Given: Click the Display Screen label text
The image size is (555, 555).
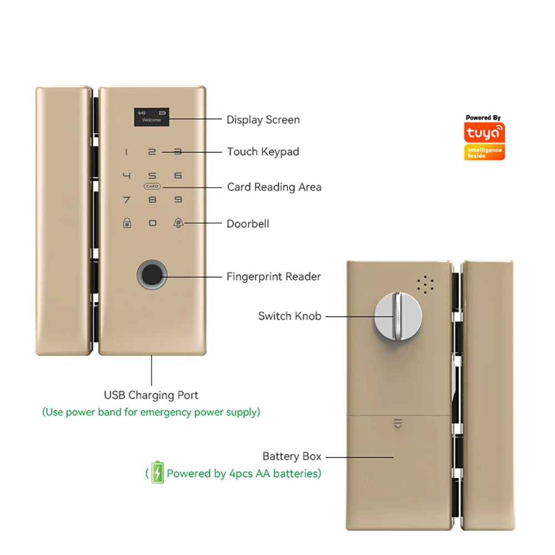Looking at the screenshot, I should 263,120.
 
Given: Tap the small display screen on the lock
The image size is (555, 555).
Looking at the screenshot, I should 152,115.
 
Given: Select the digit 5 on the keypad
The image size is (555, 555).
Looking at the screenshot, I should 152,176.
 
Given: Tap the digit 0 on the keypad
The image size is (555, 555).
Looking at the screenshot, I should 152,224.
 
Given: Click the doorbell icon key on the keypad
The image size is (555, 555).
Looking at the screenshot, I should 178,224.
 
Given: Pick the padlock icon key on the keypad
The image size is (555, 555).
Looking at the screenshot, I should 127,224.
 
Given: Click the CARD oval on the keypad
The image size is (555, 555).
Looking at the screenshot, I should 152,186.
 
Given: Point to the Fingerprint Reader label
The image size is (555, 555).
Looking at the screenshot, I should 274,276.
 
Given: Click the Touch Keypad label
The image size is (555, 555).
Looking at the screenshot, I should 263,152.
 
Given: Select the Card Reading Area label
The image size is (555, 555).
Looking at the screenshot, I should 274,187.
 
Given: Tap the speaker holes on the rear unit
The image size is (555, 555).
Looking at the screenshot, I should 425,285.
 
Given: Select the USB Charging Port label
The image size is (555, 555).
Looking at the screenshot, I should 151,396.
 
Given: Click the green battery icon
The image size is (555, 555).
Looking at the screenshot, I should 158,473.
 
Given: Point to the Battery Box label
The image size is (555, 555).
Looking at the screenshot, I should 292,457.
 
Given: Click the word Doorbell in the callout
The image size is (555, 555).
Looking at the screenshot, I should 248,224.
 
